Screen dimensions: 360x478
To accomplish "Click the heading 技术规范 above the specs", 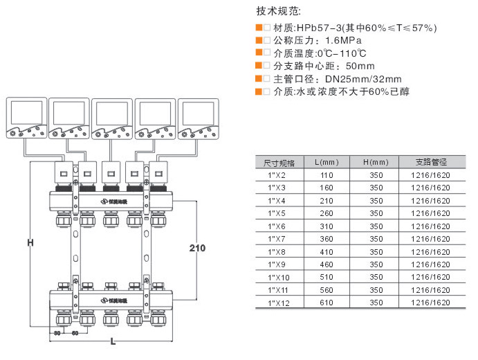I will pyautogui.click(x=279, y=12).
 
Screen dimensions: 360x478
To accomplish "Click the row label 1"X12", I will pyautogui.click(x=279, y=303).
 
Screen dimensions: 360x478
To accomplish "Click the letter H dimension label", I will pyautogui.click(x=30, y=242).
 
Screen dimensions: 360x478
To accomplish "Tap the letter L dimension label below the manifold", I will pyautogui.click(x=113, y=342).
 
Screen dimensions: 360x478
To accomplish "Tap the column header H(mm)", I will pyautogui.click(x=376, y=163).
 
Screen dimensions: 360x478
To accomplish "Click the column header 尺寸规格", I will pyautogui.click(x=279, y=163).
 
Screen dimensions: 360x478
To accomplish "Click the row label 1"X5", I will pyautogui.click(x=279, y=214).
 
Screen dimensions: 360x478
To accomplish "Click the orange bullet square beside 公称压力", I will pyautogui.click(x=259, y=40).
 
